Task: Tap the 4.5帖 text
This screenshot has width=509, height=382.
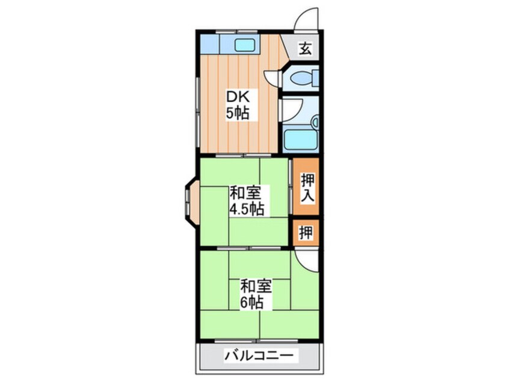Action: [245, 209]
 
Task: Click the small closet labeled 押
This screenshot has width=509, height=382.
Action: [306, 233]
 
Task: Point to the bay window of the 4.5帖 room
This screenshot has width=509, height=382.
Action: [191, 201]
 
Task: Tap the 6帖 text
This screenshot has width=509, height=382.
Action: [253, 302]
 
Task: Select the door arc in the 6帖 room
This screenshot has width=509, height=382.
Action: [306, 260]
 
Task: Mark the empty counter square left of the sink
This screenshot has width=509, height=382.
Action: [210, 43]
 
